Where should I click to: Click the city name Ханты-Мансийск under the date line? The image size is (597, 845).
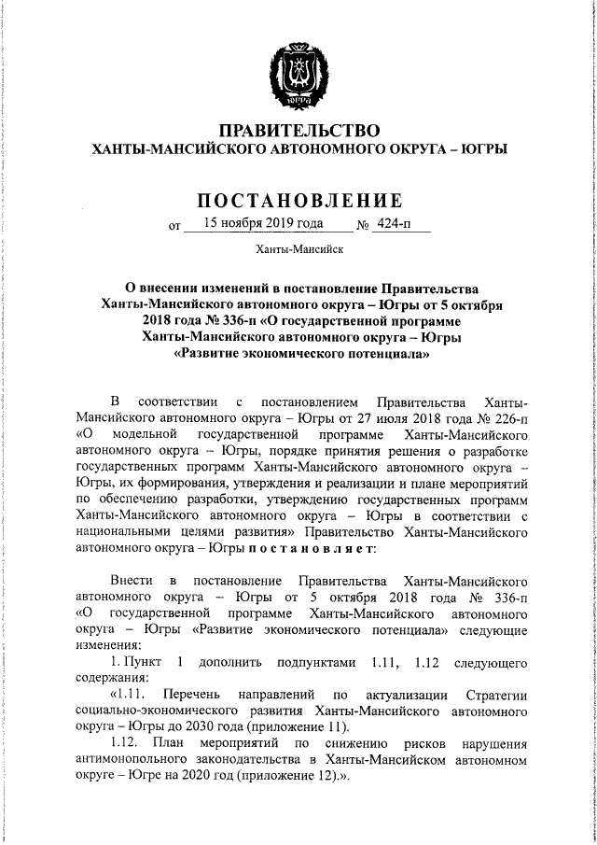pyautogui.click(x=299, y=249)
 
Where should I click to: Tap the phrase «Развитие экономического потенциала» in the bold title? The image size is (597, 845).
pyautogui.click(x=300, y=355)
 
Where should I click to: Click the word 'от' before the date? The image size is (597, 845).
pyautogui.click(x=174, y=225)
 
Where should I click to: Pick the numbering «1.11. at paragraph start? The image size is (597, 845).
pyautogui.click(x=129, y=694)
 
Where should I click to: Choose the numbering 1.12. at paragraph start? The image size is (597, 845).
pyautogui.click(x=126, y=744)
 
